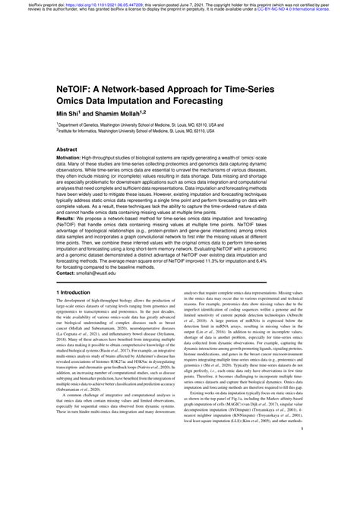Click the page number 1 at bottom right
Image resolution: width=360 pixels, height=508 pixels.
[x=302, y=492]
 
